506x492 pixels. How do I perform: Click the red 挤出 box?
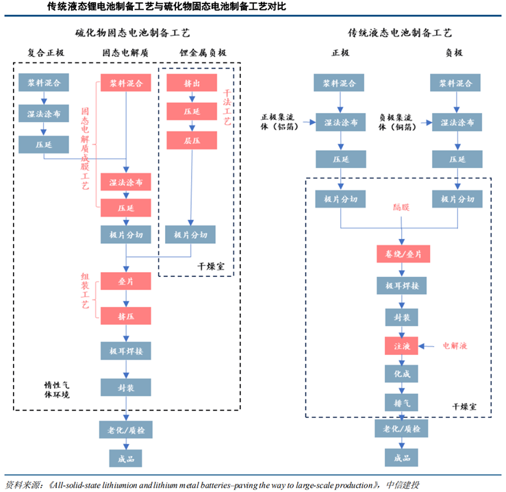(192, 83)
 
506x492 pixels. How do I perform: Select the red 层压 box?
(192, 140)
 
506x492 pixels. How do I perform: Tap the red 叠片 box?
(126, 281)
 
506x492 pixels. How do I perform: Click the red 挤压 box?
(126, 316)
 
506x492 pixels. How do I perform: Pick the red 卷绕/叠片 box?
(403, 254)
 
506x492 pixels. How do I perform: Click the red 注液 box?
(401, 346)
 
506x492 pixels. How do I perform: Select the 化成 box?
(401, 373)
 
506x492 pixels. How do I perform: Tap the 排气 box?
(401, 402)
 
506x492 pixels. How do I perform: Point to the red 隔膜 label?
(401, 207)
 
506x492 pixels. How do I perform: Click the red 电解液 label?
(455, 346)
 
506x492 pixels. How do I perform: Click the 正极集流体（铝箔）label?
(279, 122)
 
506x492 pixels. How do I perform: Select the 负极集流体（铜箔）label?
(397, 122)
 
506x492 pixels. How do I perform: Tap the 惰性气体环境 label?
(57, 390)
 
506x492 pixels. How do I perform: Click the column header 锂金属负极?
(203, 53)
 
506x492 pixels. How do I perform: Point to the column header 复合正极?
(46, 53)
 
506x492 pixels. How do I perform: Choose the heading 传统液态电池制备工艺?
(400, 33)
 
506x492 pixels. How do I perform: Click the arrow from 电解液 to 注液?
(427, 346)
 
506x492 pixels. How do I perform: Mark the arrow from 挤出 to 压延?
(192, 97)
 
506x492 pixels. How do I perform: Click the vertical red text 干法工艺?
(227, 108)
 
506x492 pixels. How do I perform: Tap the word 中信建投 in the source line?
(403, 485)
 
